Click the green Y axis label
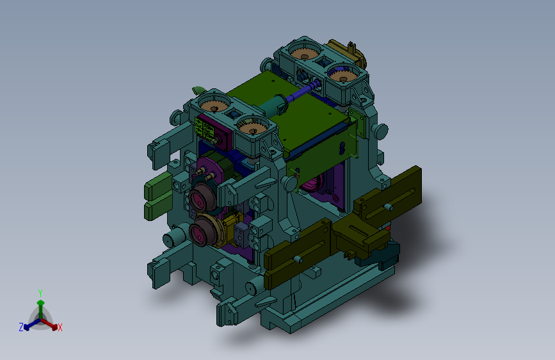coord(40,293)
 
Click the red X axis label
coord(60,327)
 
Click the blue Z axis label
coord(21,327)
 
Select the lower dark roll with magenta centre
coord(203,231)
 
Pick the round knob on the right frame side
coord(382,131)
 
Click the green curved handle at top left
coord(199,90)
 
